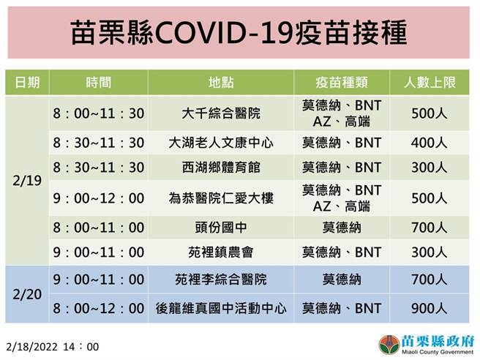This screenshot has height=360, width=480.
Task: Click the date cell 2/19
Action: [27, 181]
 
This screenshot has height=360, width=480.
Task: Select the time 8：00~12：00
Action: [99, 308]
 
